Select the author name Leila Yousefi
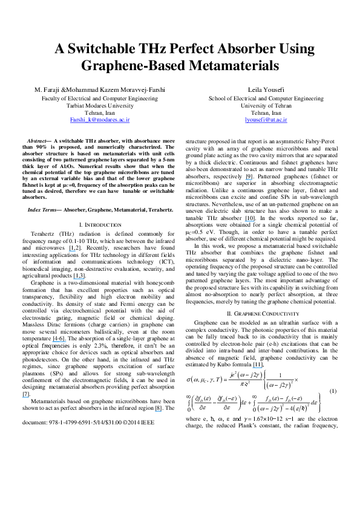266,89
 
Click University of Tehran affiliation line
266,105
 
